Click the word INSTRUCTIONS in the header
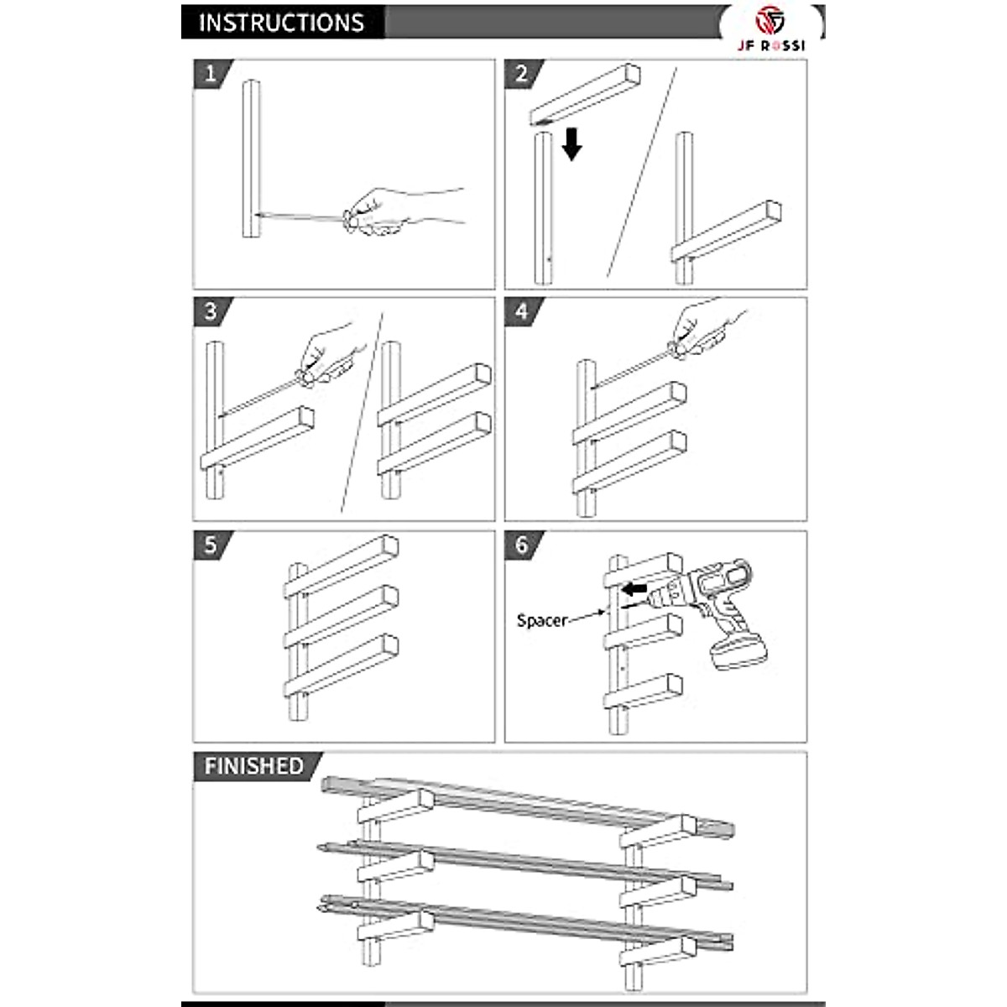tap(280, 23)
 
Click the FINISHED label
tap(253, 766)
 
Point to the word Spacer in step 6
tap(542, 621)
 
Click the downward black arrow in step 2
tap(571, 143)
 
